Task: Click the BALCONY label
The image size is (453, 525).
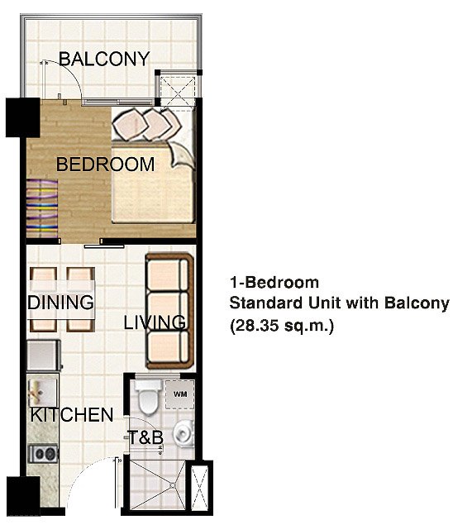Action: point(104,60)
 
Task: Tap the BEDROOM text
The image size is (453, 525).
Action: point(105,165)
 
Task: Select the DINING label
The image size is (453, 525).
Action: point(60,303)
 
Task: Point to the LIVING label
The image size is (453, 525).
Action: point(155,322)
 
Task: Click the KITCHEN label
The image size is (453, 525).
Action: point(71,415)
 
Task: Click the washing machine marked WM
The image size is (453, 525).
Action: point(180,395)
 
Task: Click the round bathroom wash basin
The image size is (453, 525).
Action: point(184,433)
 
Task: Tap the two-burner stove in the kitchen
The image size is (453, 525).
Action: point(42,453)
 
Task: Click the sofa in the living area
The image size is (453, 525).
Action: point(169,311)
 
